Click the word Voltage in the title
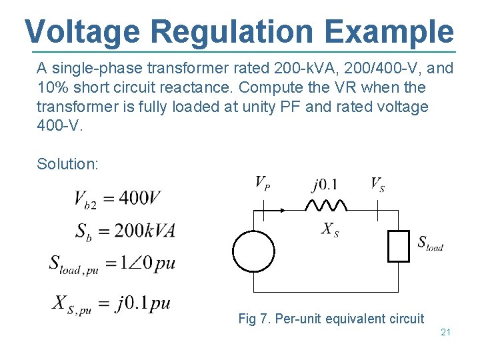pyautogui.click(x=83, y=31)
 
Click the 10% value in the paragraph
pyautogui.click(x=51, y=87)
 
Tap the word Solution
pyautogui.click(x=67, y=164)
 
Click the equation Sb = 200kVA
pyautogui.click(x=125, y=231)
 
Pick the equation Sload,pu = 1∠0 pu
pyautogui.click(x=112, y=264)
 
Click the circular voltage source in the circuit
pyautogui.click(x=253, y=251)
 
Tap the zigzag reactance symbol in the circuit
pyautogui.click(x=325, y=205)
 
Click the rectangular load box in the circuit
pyautogui.click(x=398, y=245)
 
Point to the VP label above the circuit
pyautogui.click(x=263, y=183)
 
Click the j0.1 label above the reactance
pyautogui.click(x=325, y=184)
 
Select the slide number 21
pyautogui.click(x=446, y=331)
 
